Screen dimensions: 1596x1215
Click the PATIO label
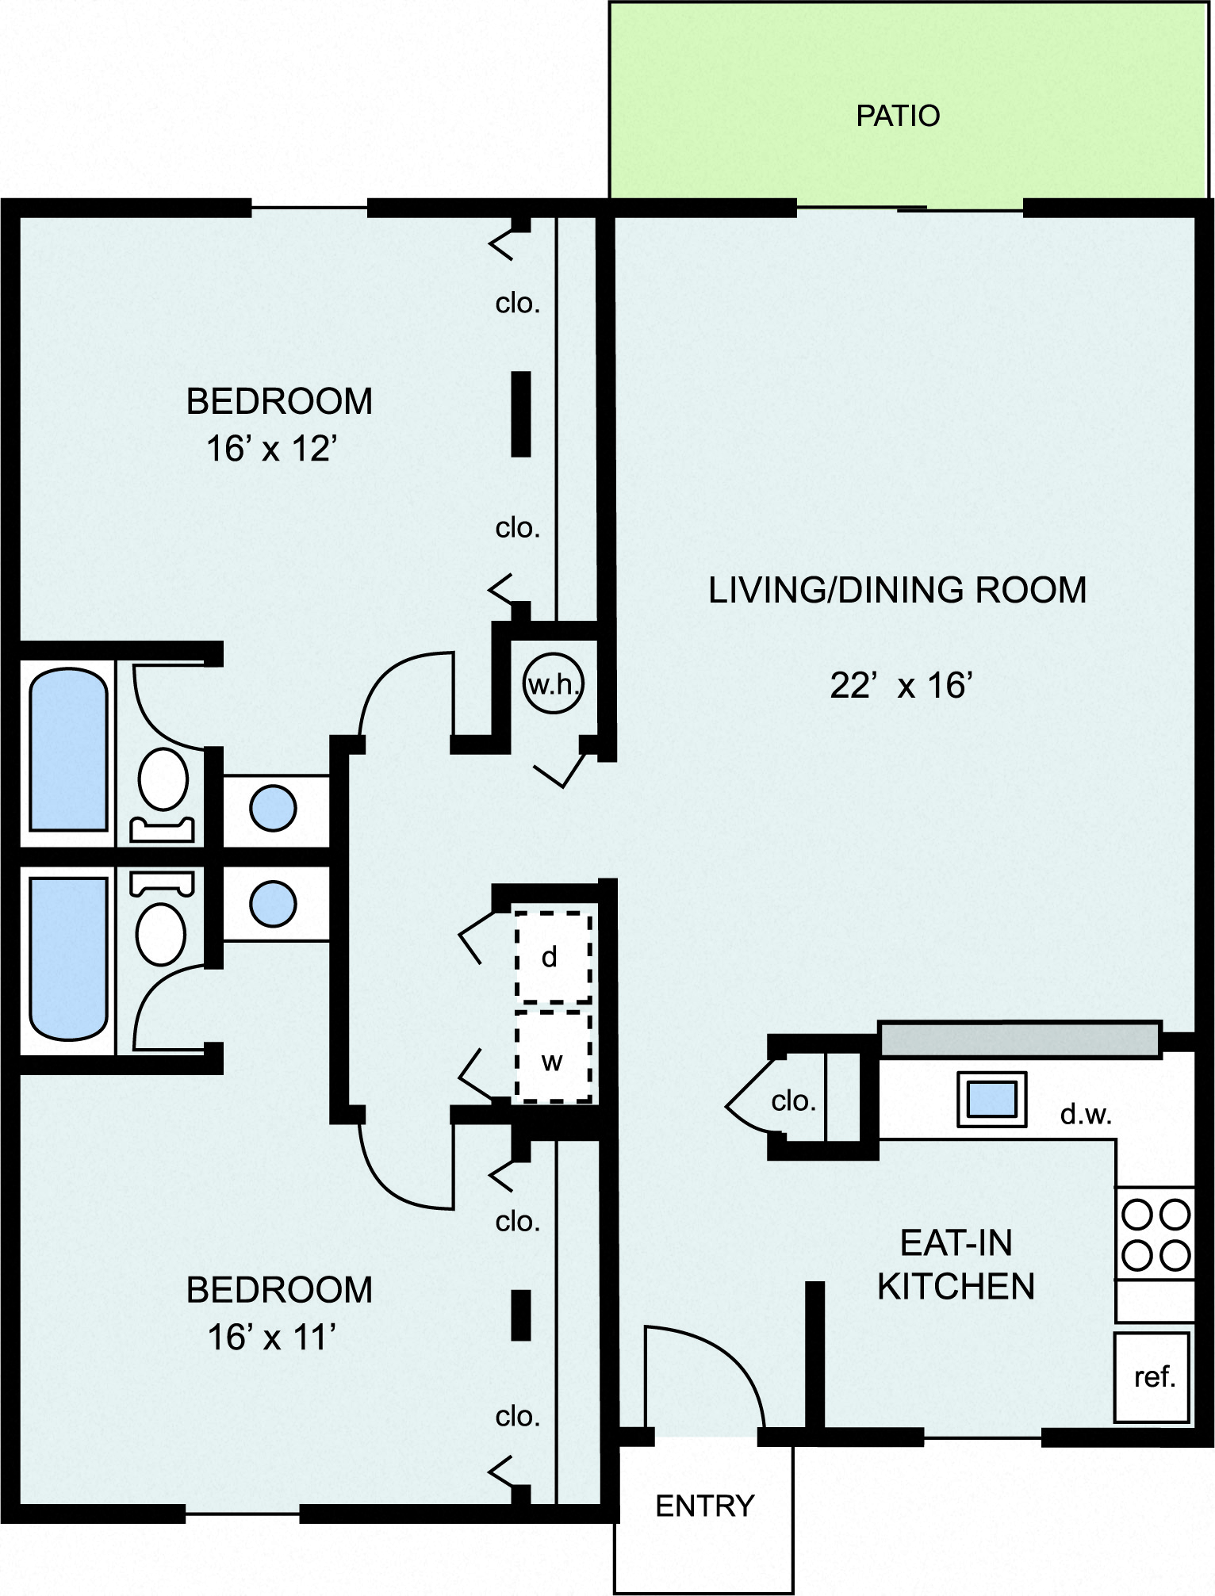[897, 117]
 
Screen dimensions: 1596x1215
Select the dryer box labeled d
[553, 957]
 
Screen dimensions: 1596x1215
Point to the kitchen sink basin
[992, 1099]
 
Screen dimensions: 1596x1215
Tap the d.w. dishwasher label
[1086, 1115]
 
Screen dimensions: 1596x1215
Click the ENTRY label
[704, 1506]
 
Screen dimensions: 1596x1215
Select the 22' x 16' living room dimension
[901, 686]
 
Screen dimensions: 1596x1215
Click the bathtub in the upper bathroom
[68, 749]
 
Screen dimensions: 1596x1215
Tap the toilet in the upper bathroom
[163, 781]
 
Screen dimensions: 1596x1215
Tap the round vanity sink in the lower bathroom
[273, 904]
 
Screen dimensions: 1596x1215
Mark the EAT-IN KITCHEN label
[956, 1264]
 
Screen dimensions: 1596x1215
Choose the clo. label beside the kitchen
[793, 1100]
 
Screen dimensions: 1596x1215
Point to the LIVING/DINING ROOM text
[897, 591]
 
